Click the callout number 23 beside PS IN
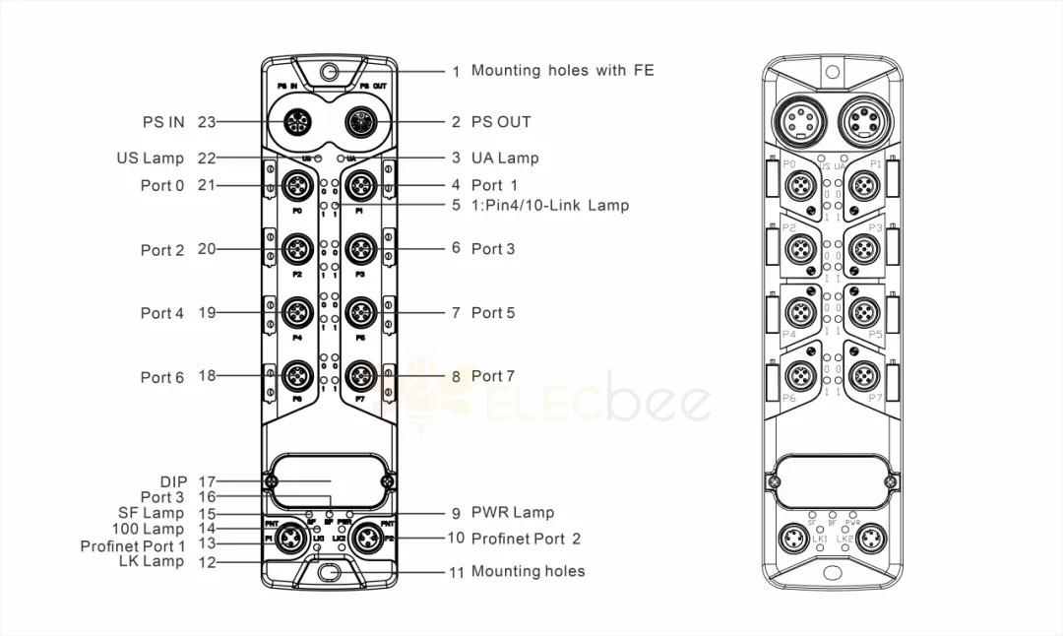206,122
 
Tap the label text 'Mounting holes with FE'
562,71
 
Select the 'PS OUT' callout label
501,122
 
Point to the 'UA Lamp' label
505,158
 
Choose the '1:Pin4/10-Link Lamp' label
549,205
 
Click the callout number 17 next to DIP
206,481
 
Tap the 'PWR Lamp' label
512,512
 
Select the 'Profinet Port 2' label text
526,539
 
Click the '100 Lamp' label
149,530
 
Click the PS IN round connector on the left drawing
296,123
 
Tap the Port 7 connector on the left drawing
361,375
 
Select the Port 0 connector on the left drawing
296,184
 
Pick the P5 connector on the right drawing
864,313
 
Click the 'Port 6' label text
161,377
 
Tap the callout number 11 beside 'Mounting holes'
456,572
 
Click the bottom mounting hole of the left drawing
329,571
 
